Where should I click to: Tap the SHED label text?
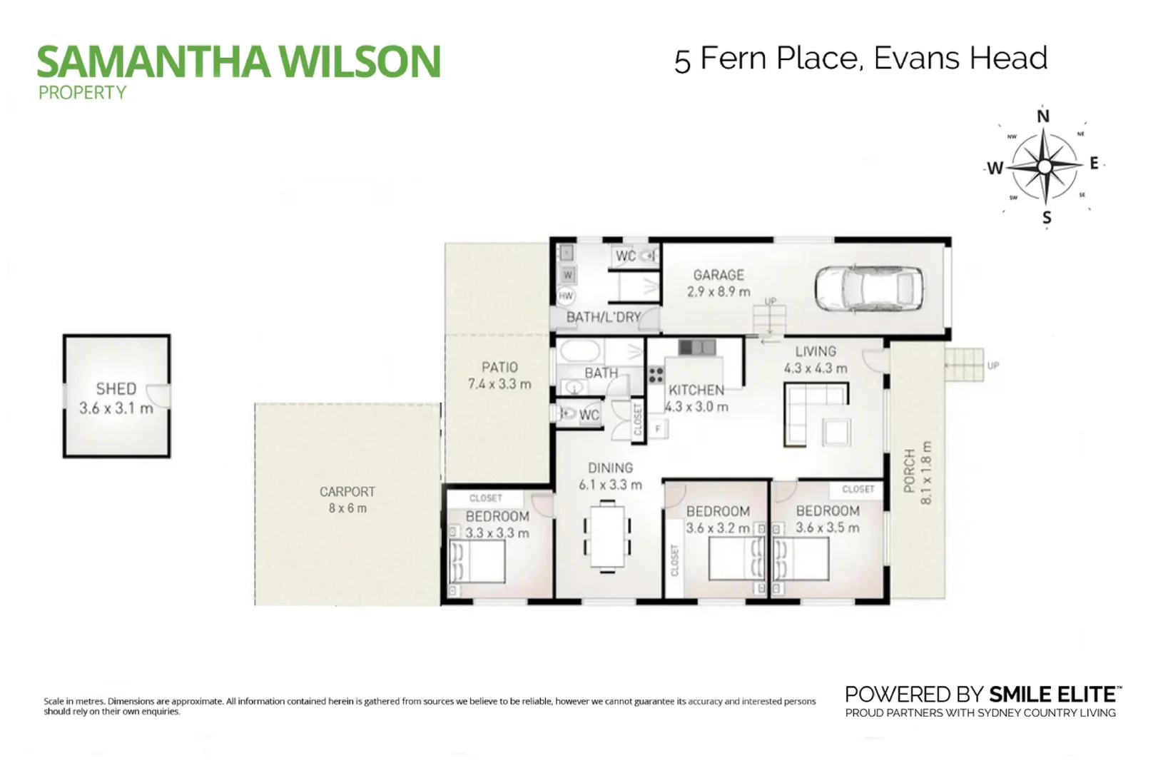(x=116, y=389)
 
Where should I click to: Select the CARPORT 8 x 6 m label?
(x=347, y=500)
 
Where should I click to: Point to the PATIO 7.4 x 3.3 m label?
(x=499, y=376)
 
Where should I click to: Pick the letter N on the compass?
(x=1043, y=116)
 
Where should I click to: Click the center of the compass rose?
(x=1045, y=167)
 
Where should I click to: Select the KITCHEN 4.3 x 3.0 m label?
(x=696, y=398)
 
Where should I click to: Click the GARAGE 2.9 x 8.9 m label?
(x=718, y=283)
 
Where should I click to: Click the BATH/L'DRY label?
(x=604, y=317)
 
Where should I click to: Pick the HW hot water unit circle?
(x=567, y=296)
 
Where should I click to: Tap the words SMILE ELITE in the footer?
(x=1052, y=694)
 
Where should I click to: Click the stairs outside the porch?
(x=965, y=365)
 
